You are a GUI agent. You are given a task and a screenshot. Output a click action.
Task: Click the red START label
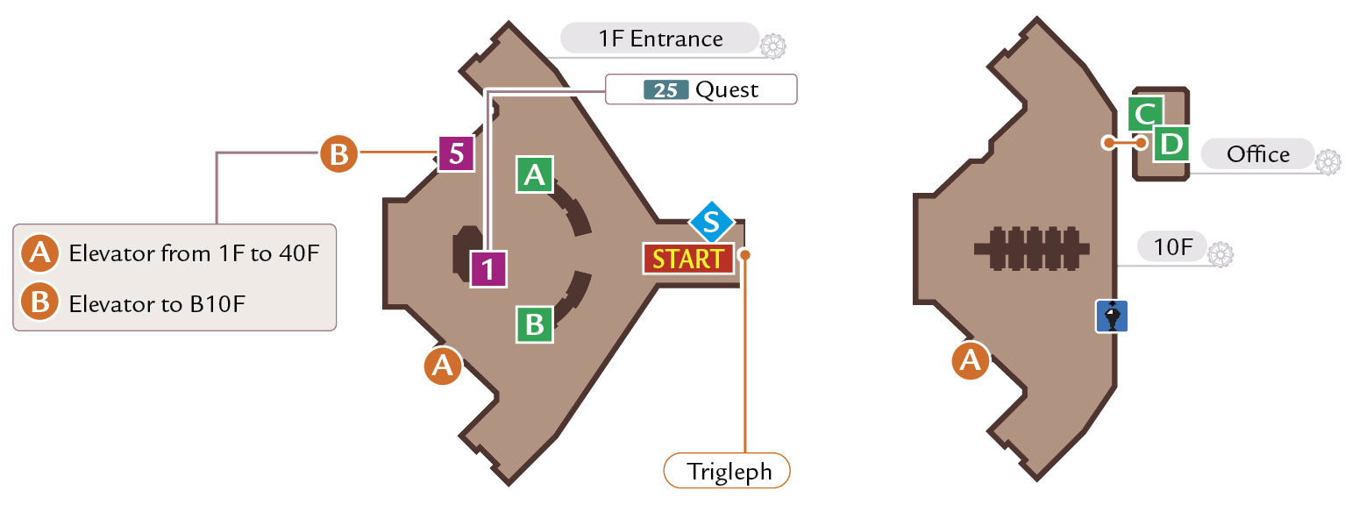[x=688, y=259]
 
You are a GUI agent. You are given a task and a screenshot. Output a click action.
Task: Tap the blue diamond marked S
[x=712, y=222]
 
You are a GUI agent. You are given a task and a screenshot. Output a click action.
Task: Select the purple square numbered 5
[x=456, y=153]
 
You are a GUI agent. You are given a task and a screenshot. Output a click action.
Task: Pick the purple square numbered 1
[x=488, y=268]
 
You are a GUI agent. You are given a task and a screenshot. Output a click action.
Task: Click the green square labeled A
[x=535, y=175]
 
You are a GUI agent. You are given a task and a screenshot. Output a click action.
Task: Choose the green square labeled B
[x=535, y=324]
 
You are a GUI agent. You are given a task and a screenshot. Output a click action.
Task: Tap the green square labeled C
[x=1145, y=113]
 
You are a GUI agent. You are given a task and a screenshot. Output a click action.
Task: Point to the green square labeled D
[x=1171, y=144]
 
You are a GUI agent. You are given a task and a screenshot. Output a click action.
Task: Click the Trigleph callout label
[x=727, y=471]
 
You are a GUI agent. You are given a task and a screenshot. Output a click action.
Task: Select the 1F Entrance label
[x=659, y=39]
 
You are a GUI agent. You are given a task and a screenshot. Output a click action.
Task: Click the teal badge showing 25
[x=665, y=90]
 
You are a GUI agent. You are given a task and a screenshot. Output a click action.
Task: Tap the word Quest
[x=727, y=90]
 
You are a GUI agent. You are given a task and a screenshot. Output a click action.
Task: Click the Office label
[x=1258, y=154]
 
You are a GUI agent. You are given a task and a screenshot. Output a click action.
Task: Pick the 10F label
[x=1173, y=246]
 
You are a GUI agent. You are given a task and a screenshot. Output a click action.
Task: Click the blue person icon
[x=1111, y=316]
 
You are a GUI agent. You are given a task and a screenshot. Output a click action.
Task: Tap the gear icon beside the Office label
[x=1327, y=162]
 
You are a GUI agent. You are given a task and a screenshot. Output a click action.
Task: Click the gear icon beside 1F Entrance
[x=772, y=46]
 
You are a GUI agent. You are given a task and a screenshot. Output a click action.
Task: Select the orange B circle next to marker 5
[x=338, y=153]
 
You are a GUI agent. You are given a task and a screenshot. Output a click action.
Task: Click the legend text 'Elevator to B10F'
[x=157, y=304]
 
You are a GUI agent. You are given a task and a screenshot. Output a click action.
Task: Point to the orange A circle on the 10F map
[x=970, y=360]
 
